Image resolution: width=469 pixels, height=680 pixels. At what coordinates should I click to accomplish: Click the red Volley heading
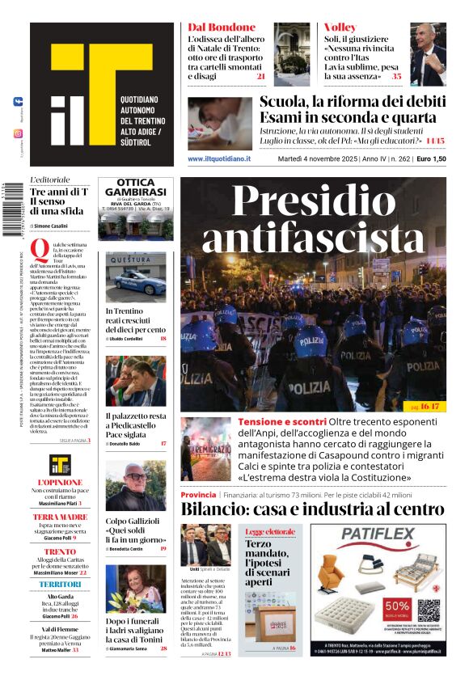340,27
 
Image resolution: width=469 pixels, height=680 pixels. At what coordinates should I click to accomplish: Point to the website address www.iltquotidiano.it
219,158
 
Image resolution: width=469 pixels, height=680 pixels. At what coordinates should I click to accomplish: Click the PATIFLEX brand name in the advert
375,534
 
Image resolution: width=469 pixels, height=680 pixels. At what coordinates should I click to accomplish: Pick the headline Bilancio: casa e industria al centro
312,509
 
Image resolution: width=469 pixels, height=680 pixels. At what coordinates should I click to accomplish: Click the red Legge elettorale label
270,531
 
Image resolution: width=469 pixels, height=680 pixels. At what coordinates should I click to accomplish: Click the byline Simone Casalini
53,226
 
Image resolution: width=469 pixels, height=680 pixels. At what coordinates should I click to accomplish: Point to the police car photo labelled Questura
136,277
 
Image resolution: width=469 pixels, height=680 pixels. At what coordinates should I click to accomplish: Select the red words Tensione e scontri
282,422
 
